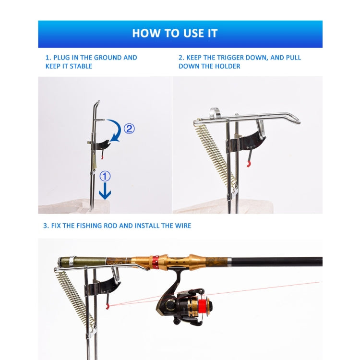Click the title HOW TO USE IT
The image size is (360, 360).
coord(175,33)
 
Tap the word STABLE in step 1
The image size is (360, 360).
coord(81,66)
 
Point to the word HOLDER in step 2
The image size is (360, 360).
coord(228,66)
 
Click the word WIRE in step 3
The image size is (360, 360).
coord(182,226)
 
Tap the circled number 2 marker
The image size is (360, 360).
coord(129,129)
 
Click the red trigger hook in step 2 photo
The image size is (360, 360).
coord(249,164)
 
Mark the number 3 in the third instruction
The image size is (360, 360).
coord(46,226)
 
